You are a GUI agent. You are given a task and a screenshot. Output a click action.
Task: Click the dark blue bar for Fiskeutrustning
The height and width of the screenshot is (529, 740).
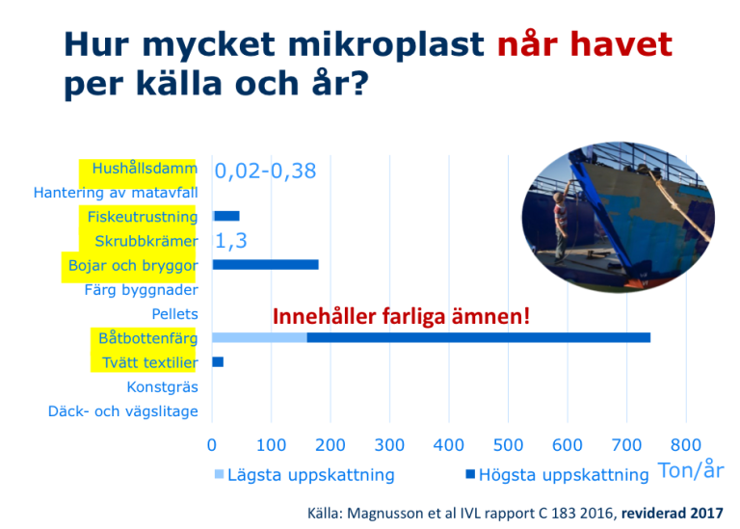coord(226,216)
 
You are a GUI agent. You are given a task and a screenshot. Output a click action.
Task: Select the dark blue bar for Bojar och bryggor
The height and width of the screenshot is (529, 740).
coord(266,265)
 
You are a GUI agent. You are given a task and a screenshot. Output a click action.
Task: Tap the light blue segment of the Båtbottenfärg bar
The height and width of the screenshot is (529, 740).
coord(259,337)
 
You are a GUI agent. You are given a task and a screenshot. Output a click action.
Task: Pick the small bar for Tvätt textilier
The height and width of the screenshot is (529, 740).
coord(218,362)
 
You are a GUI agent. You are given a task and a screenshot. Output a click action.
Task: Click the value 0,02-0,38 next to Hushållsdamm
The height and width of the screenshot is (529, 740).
coord(265,171)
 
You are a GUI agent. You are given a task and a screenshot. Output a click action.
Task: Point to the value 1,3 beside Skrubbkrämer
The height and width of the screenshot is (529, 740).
coord(231,241)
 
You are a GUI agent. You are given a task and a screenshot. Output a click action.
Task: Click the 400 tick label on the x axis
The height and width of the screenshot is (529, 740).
coord(448,445)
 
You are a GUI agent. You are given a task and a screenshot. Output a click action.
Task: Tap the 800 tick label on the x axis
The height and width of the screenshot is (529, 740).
coord(686,445)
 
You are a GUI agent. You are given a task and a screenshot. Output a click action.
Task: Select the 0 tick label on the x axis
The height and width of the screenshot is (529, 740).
coord(212,445)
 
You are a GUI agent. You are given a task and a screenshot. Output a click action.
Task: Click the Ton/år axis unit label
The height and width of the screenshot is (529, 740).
coord(691,470)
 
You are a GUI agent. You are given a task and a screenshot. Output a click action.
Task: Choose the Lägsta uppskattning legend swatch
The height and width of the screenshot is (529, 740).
coord(219,474)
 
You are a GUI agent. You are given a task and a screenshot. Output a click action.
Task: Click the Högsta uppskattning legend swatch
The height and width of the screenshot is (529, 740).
coord(470,474)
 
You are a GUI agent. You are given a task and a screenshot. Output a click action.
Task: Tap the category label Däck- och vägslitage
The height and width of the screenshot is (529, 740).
coord(123,411)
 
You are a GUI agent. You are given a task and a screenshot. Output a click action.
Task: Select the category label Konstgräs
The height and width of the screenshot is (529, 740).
coord(162,387)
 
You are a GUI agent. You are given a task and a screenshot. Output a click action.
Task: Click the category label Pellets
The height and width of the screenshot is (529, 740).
coord(174,314)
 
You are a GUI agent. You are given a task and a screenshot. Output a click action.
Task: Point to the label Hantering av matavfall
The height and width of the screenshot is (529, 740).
coord(116,193)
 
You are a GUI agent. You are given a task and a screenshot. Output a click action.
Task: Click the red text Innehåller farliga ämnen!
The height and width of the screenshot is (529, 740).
coord(401,316)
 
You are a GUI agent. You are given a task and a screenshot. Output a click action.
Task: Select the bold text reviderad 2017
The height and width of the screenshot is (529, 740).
coord(672,513)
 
